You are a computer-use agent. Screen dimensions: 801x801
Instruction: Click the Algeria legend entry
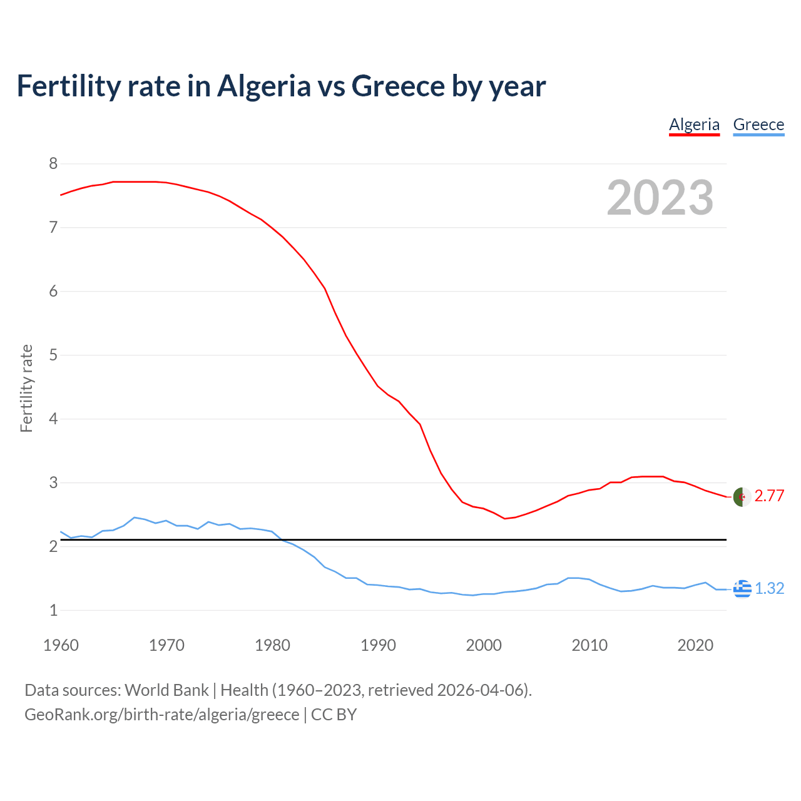coord(694,125)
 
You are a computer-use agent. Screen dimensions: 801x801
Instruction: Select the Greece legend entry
coord(758,125)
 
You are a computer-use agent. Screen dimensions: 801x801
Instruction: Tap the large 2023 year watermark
coord(660,198)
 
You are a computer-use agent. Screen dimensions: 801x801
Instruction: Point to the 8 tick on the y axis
coord(53,164)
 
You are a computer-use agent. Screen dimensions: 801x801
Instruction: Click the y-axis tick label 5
coord(53,355)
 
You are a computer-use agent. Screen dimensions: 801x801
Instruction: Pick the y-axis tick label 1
coord(53,610)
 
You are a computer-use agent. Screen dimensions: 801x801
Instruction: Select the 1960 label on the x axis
coord(61,645)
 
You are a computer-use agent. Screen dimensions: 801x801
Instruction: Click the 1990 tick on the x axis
coord(378,645)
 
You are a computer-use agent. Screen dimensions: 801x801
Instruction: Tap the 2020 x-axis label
coord(695,645)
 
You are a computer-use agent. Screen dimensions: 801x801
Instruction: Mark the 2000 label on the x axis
coord(484,645)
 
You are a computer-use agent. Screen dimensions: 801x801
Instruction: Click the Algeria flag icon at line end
coord(742,496)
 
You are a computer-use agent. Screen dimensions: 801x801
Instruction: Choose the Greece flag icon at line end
coord(742,589)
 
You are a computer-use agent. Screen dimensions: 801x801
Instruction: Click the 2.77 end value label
coord(769,496)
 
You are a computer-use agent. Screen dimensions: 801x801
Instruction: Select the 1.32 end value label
coord(769,589)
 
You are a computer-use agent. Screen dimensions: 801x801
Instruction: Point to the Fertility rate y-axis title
coord(26,388)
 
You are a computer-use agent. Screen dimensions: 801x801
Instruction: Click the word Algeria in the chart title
coord(263,86)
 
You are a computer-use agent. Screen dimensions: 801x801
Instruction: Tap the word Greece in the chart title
coord(398,86)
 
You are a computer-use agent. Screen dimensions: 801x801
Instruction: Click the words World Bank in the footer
coord(166,690)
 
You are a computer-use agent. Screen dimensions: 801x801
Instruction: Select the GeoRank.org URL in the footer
coord(161,715)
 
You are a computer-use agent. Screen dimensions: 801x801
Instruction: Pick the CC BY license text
coord(334,715)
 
